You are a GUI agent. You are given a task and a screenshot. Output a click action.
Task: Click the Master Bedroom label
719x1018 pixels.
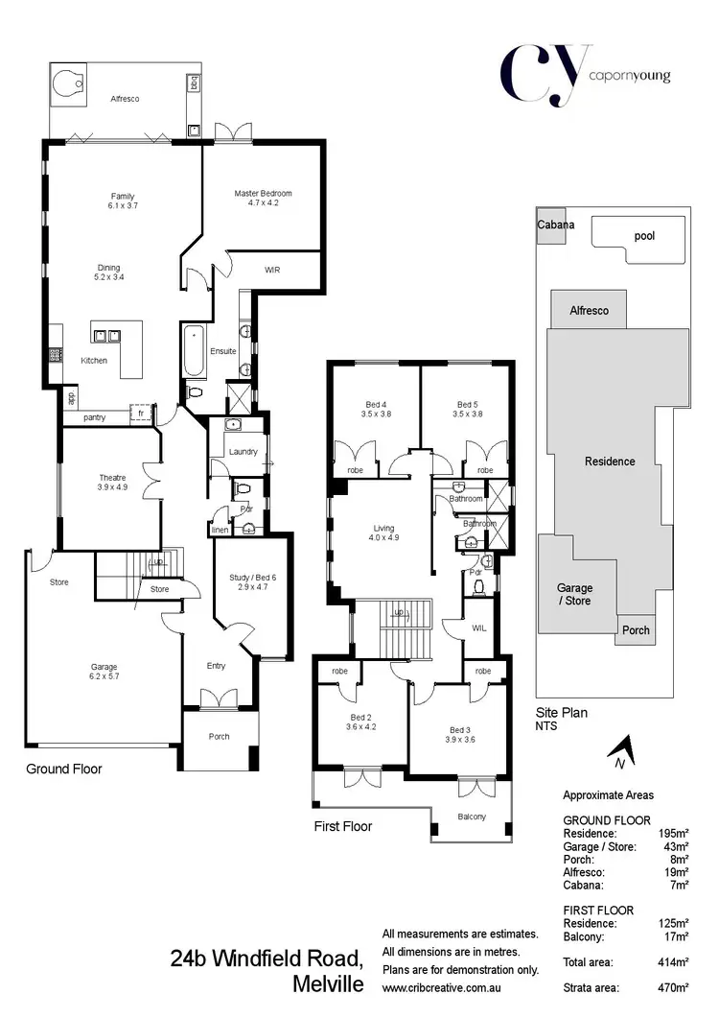click(263, 199)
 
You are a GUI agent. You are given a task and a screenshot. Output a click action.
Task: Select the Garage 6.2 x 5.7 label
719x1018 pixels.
click(98, 672)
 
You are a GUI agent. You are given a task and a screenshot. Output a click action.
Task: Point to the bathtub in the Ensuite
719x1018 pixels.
click(194, 351)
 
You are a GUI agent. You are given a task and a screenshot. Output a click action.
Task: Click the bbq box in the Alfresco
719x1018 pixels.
click(195, 84)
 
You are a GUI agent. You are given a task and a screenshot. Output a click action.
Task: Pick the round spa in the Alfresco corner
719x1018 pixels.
click(70, 85)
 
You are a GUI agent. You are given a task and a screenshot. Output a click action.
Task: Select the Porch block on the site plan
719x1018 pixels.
click(636, 629)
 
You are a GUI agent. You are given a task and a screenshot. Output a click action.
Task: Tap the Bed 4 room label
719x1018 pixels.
click(375, 410)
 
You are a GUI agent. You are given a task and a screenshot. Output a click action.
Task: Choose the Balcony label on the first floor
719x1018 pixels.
click(472, 817)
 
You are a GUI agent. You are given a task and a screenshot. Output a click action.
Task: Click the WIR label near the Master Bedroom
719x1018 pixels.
click(272, 271)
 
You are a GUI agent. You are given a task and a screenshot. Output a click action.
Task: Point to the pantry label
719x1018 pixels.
click(95, 417)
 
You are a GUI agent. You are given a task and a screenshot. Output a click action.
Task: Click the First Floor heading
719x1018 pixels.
click(342, 826)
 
